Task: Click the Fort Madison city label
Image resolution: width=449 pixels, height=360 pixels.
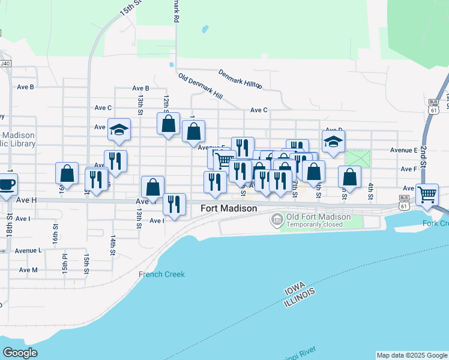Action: pyautogui.click(x=228, y=208)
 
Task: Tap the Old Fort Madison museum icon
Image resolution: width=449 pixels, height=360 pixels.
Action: pyautogui.click(x=276, y=221)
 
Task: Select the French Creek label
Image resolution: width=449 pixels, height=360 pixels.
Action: pyautogui.click(x=161, y=274)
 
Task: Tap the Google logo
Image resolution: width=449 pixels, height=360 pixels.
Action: pyautogui.click(x=20, y=353)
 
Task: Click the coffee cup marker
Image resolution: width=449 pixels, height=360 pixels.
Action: pyautogui.click(x=7, y=184)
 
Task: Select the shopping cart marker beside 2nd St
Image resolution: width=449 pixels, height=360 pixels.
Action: pyautogui.click(x=427, y=194)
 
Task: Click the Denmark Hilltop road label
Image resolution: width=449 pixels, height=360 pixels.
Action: pyautogui.click(x=240, y=79)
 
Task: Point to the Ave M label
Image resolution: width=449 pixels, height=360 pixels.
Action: pyautogui.click(x=28, y=270)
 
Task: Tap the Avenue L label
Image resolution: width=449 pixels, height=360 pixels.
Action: pyautogui.click(x=28, y=250)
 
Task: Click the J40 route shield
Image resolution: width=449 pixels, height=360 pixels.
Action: pyautogui.click(x=5, y=63)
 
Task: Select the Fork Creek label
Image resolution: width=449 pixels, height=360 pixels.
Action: pyautogui.click(x=435, y=223)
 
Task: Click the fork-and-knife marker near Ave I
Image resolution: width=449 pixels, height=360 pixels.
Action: pyautogui.click(x=174, y=204)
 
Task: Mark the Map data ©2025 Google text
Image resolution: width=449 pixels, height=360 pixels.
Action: pyautogui.click(x=412, y=355)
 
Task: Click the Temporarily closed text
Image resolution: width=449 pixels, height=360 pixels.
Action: pyautogui.click(x=315, y=224)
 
